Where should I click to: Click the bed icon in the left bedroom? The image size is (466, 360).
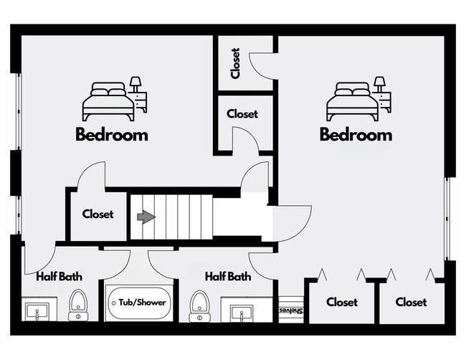pyautogui.click(x=108, y=102)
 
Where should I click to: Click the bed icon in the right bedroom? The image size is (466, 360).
pyautogui.click(x=353, y=102)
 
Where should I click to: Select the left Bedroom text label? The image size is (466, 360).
pyautogui.click(x=112, y=134)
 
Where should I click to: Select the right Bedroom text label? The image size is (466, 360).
pyautogui.click(x=356, y=134)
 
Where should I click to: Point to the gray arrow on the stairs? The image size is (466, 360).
pyautogui.click(x=146, y=217)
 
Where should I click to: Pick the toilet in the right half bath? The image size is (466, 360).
pyautogui.click(x=199, y=306)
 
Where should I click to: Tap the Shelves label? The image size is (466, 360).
pyautogui.click(x=290, y=311)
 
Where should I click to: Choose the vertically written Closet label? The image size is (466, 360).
pyautogui.click(x=236, y=64)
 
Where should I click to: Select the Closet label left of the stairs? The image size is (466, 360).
pyautogui.click(x=98, y=214)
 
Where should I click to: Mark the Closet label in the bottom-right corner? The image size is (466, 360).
pyautogui.click(x=411, y=303)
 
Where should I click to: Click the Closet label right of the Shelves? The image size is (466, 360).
pyautogui.click(x=341, y=303)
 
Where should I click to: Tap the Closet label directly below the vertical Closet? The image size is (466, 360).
pyautogui.click(x=242, y=114)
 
